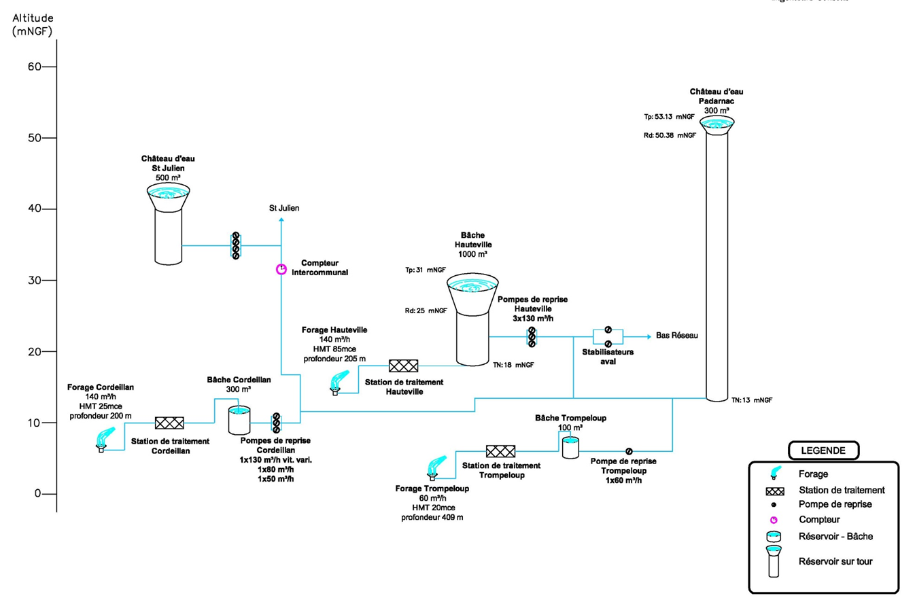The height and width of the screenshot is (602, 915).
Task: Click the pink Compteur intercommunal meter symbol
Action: [x=280, y=269]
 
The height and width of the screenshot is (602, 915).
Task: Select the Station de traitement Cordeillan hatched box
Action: [x=169, y=423]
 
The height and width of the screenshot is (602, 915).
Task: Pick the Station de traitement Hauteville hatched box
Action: [x=403, y=366]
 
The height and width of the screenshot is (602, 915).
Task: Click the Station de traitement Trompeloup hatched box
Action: [x=500, y=450]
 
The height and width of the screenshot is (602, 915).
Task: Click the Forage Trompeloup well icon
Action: [x=431, y=467]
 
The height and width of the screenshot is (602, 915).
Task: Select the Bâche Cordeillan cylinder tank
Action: [x=239, y=421]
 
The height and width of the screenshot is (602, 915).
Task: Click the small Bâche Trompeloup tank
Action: [x=569, y=446]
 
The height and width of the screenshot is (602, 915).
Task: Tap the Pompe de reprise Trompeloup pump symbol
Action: [x=629, y=450]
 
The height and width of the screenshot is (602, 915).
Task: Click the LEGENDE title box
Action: [x=823, y=450]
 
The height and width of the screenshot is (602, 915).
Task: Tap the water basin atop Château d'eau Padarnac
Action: [x=716, y=124]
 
